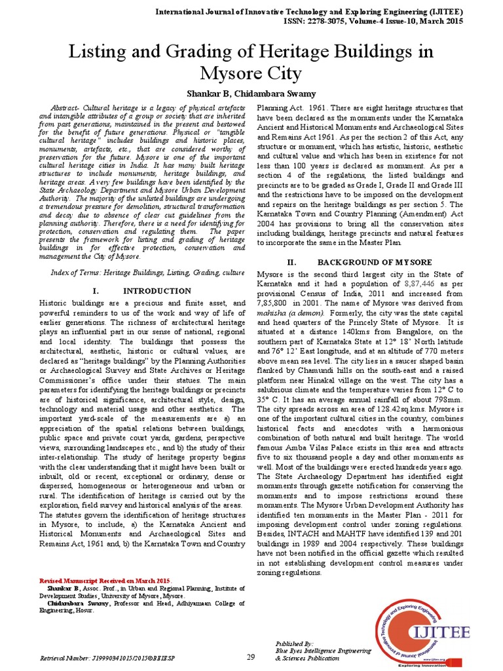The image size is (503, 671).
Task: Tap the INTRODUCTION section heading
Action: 157,290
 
